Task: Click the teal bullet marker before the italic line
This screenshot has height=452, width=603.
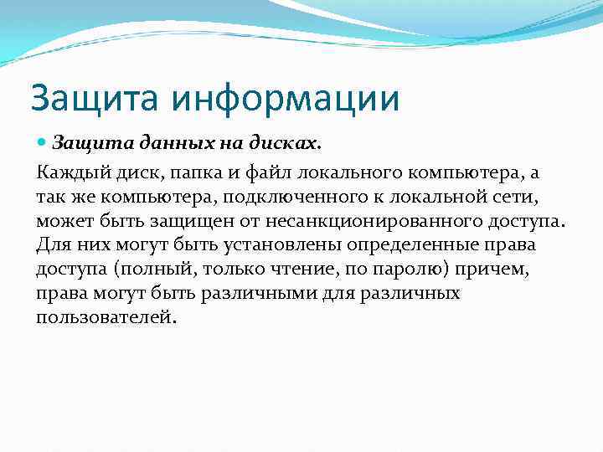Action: coord(43,143)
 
